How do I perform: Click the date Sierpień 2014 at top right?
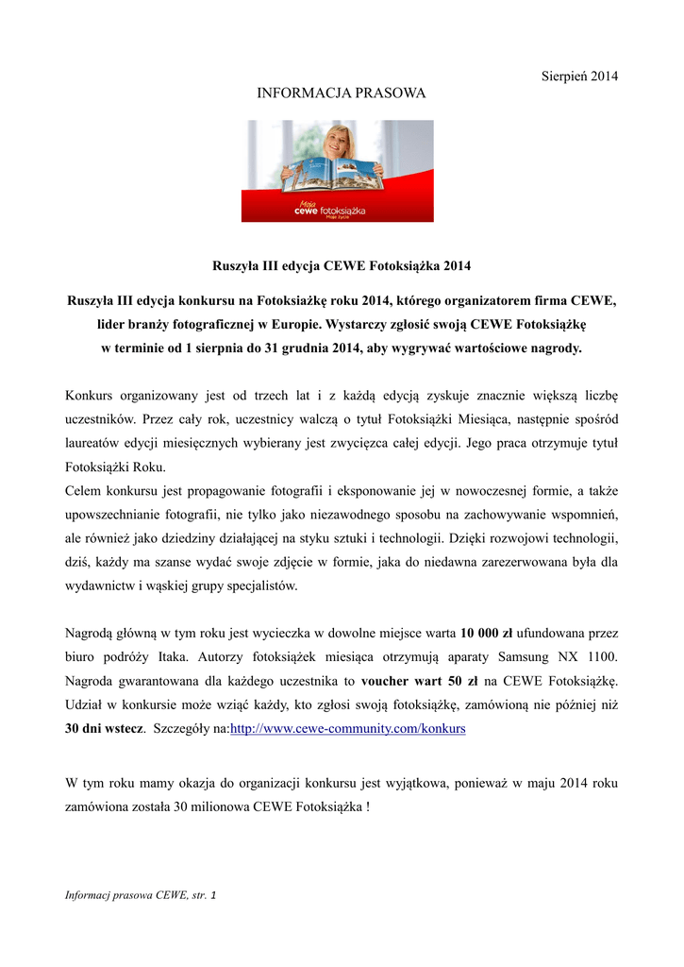pos(578,76)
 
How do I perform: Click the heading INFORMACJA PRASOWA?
pos(342,93)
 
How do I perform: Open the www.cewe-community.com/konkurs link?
pos(348,730)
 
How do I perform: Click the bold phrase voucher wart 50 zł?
pos(420,681)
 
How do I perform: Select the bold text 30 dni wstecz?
pos(105,730)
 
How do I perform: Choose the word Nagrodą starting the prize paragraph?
pos(92,632)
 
